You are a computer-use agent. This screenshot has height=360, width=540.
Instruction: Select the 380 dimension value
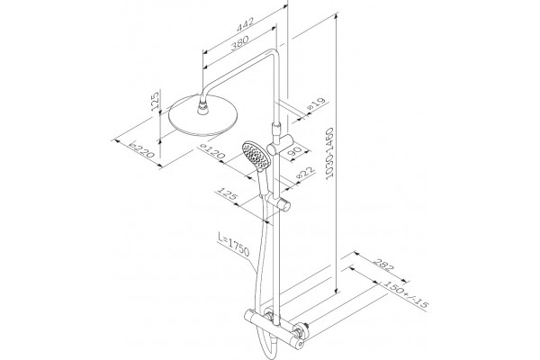[239, 42]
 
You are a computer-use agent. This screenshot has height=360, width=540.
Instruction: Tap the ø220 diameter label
[141, 148]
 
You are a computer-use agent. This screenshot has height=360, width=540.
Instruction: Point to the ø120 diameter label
[212, 152]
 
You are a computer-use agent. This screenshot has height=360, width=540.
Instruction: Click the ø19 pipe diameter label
[316, 103]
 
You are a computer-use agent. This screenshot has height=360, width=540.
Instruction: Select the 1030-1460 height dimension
[330, 153]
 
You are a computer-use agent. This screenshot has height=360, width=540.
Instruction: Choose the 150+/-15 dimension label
[406, 294]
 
